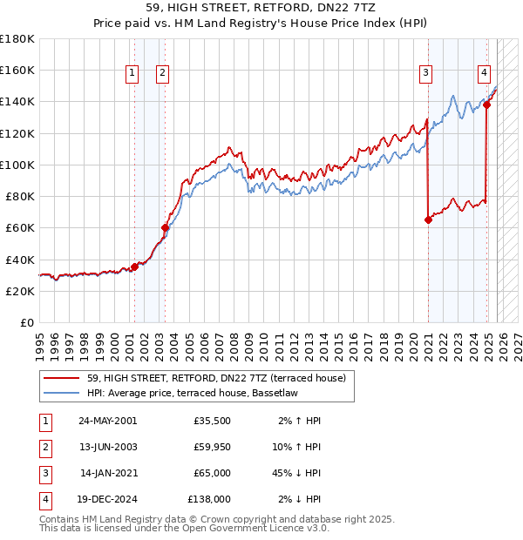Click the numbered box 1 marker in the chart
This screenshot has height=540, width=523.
132,73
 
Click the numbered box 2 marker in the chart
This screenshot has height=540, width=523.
163,73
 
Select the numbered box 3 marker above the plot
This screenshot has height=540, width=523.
426,73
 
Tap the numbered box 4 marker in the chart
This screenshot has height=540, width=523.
483,73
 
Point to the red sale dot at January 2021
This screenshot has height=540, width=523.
428,220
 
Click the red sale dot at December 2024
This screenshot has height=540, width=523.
486,105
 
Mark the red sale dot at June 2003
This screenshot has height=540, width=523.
165,228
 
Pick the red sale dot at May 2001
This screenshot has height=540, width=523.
134,267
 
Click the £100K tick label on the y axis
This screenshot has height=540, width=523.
17,165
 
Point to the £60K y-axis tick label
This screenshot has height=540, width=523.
20,228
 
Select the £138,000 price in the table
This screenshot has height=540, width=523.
209,499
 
